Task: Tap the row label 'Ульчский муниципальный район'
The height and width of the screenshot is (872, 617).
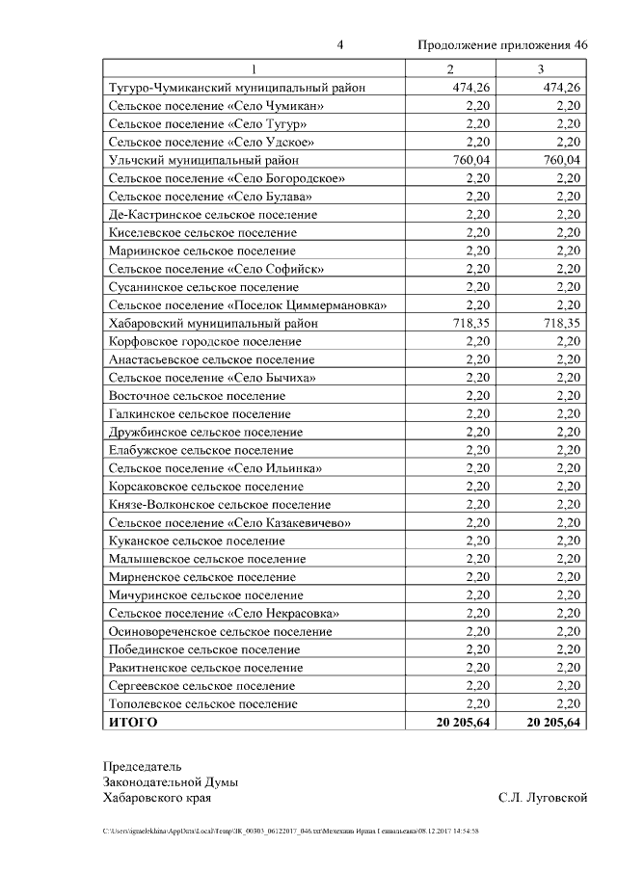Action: click(x=203, y=160)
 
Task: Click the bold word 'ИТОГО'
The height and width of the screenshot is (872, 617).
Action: click(x=133, y=723)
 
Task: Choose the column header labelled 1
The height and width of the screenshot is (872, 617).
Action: click(x=255, y=69)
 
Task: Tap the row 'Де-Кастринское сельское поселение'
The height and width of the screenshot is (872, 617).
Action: click(x=213, y=214)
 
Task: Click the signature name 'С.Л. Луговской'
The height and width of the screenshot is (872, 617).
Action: click(x=543, y=798)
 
